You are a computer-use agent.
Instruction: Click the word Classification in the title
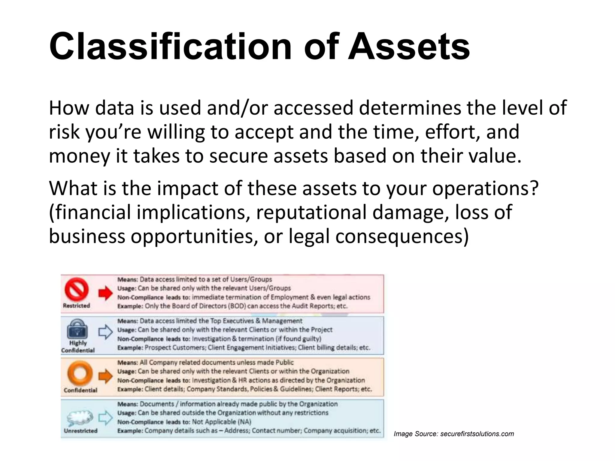click(170, 47)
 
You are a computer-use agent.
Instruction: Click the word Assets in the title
click(409, 47)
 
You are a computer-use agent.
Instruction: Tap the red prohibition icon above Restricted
click(77, 290)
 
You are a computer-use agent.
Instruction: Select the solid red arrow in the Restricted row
click(105, 293)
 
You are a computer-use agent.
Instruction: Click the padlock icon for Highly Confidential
click(77, 329)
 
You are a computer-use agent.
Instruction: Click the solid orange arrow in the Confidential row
click(105, 376)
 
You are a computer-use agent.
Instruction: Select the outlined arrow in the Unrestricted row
click(105, 417)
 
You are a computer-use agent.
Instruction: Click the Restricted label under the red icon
click(77, 306)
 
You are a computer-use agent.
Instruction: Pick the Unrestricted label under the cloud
click(80, 431)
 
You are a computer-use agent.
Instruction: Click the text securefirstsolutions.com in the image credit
click(477, 434)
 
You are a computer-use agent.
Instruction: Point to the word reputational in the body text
click(311, 212)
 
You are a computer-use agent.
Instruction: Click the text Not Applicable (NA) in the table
click(221, 422)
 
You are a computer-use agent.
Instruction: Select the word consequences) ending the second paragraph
click(402, 236)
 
